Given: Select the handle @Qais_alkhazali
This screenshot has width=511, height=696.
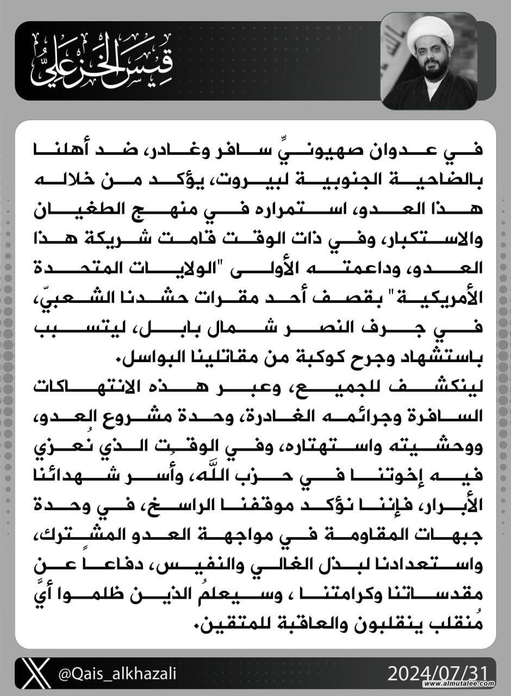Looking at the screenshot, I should pos(117,674).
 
